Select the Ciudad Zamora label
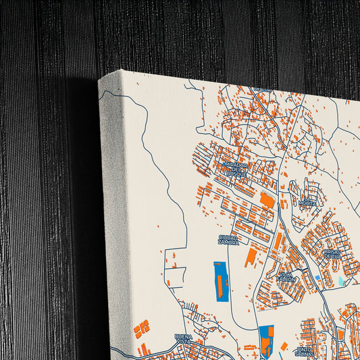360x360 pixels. pos(228,240)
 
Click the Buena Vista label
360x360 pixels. pos(184,338)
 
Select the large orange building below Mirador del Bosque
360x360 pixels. pos(267,201)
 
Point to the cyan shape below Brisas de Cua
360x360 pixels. pos(340,280)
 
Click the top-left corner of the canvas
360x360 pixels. pos(100,80)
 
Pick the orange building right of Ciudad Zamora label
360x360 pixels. pos(251,256)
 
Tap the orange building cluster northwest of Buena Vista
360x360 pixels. pos(141,329)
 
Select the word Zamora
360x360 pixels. pos(229,244)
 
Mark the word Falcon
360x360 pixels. pos(286,278)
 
